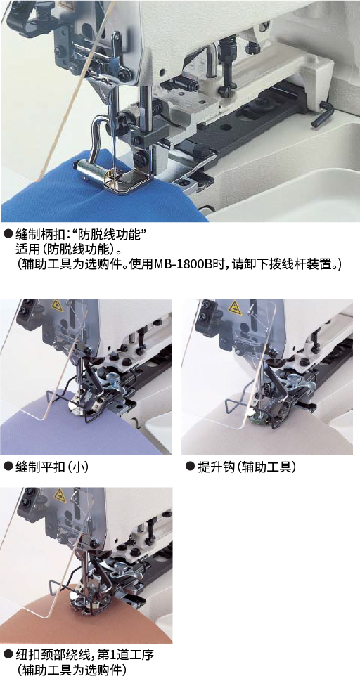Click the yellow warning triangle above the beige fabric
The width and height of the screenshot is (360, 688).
(236, 306)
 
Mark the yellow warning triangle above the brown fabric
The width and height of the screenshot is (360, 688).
(60, 495)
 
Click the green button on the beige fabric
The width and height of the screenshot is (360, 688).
(255, 415)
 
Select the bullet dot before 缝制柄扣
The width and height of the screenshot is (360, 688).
(8, 234)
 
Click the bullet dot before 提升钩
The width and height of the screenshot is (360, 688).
(190, 467)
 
